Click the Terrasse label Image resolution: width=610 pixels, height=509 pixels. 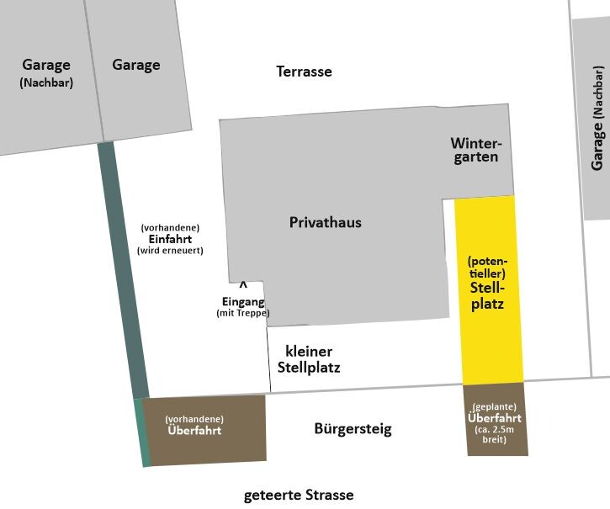pos(304,72)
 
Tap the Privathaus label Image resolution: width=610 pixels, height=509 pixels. pos(325,223)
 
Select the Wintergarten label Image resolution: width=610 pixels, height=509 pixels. pos(475,150)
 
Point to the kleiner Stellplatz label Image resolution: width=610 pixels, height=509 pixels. pos(309,359)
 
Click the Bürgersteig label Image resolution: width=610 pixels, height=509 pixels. pos(353,429)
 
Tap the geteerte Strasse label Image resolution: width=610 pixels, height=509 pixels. pos(299,495)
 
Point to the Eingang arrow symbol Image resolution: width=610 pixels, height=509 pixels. pos(243,286)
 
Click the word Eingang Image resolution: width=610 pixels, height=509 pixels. pos(243,302)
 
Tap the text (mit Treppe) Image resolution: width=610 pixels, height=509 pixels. pos(243,313)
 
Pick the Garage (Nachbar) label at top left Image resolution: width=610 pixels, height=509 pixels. pos(46,72)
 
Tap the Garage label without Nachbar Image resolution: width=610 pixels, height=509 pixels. pos(135,65)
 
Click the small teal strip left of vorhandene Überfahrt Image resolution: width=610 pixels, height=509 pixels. pos(142,432)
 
